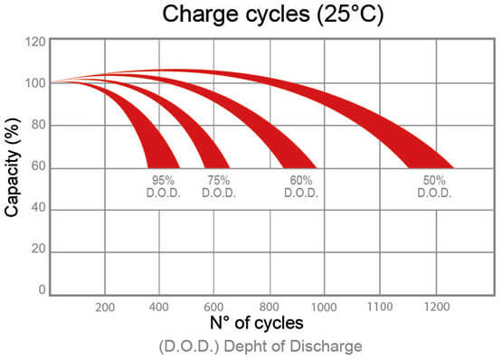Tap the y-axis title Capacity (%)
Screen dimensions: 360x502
pos(13,167)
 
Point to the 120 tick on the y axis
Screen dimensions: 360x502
pos(35,42)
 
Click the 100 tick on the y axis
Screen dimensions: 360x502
pos(35,83)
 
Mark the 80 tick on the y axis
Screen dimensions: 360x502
pos(38,126)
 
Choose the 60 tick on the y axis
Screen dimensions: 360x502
pos(38,167)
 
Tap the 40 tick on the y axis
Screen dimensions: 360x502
pos(38,210)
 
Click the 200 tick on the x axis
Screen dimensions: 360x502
pos(105,306)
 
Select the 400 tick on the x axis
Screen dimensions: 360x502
pos(160,306)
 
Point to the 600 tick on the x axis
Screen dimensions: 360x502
pos(214,306)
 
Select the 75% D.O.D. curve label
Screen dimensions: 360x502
pos(217,186)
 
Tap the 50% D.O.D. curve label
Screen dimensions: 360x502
pos(431,186)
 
